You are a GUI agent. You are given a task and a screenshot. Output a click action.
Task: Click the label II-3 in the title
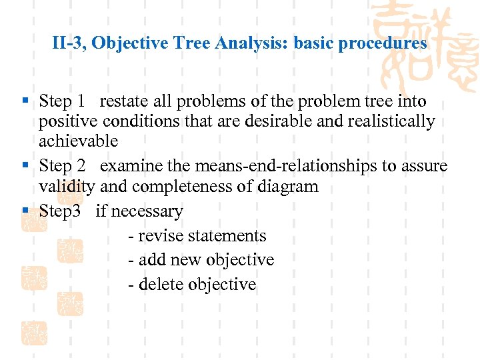click(67, 44)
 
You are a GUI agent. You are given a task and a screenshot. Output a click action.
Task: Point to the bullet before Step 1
click(25, 101)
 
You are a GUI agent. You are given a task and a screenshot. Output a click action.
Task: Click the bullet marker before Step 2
click(25, 165)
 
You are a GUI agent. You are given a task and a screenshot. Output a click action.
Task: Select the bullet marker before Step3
click(25, 211)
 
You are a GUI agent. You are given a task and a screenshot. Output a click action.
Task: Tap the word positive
click(65, 122)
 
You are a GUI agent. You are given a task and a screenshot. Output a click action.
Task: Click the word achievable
click(78, 141)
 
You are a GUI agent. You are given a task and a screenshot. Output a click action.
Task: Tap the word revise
click(160, 236)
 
